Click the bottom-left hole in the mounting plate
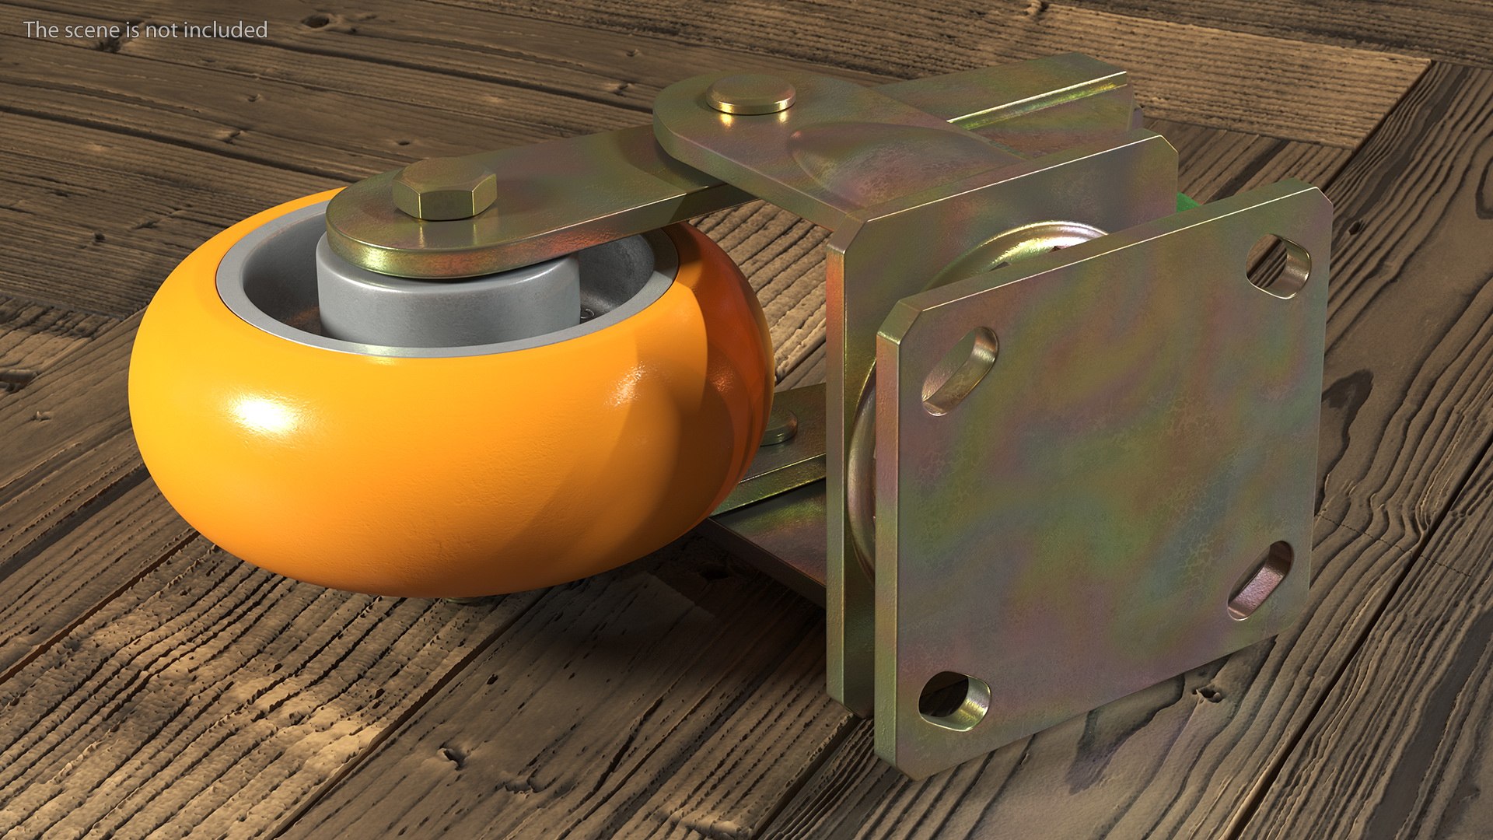pyautogui.click(x=953, y=700)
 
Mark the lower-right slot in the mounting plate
pyautogui.click(x=1260, y=579)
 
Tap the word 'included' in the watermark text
pyautogui.click(x=229, y=30)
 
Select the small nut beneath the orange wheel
pyautogui.click(x=778, y=428)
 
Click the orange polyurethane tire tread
pyautogui.click(x=435, y=482)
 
